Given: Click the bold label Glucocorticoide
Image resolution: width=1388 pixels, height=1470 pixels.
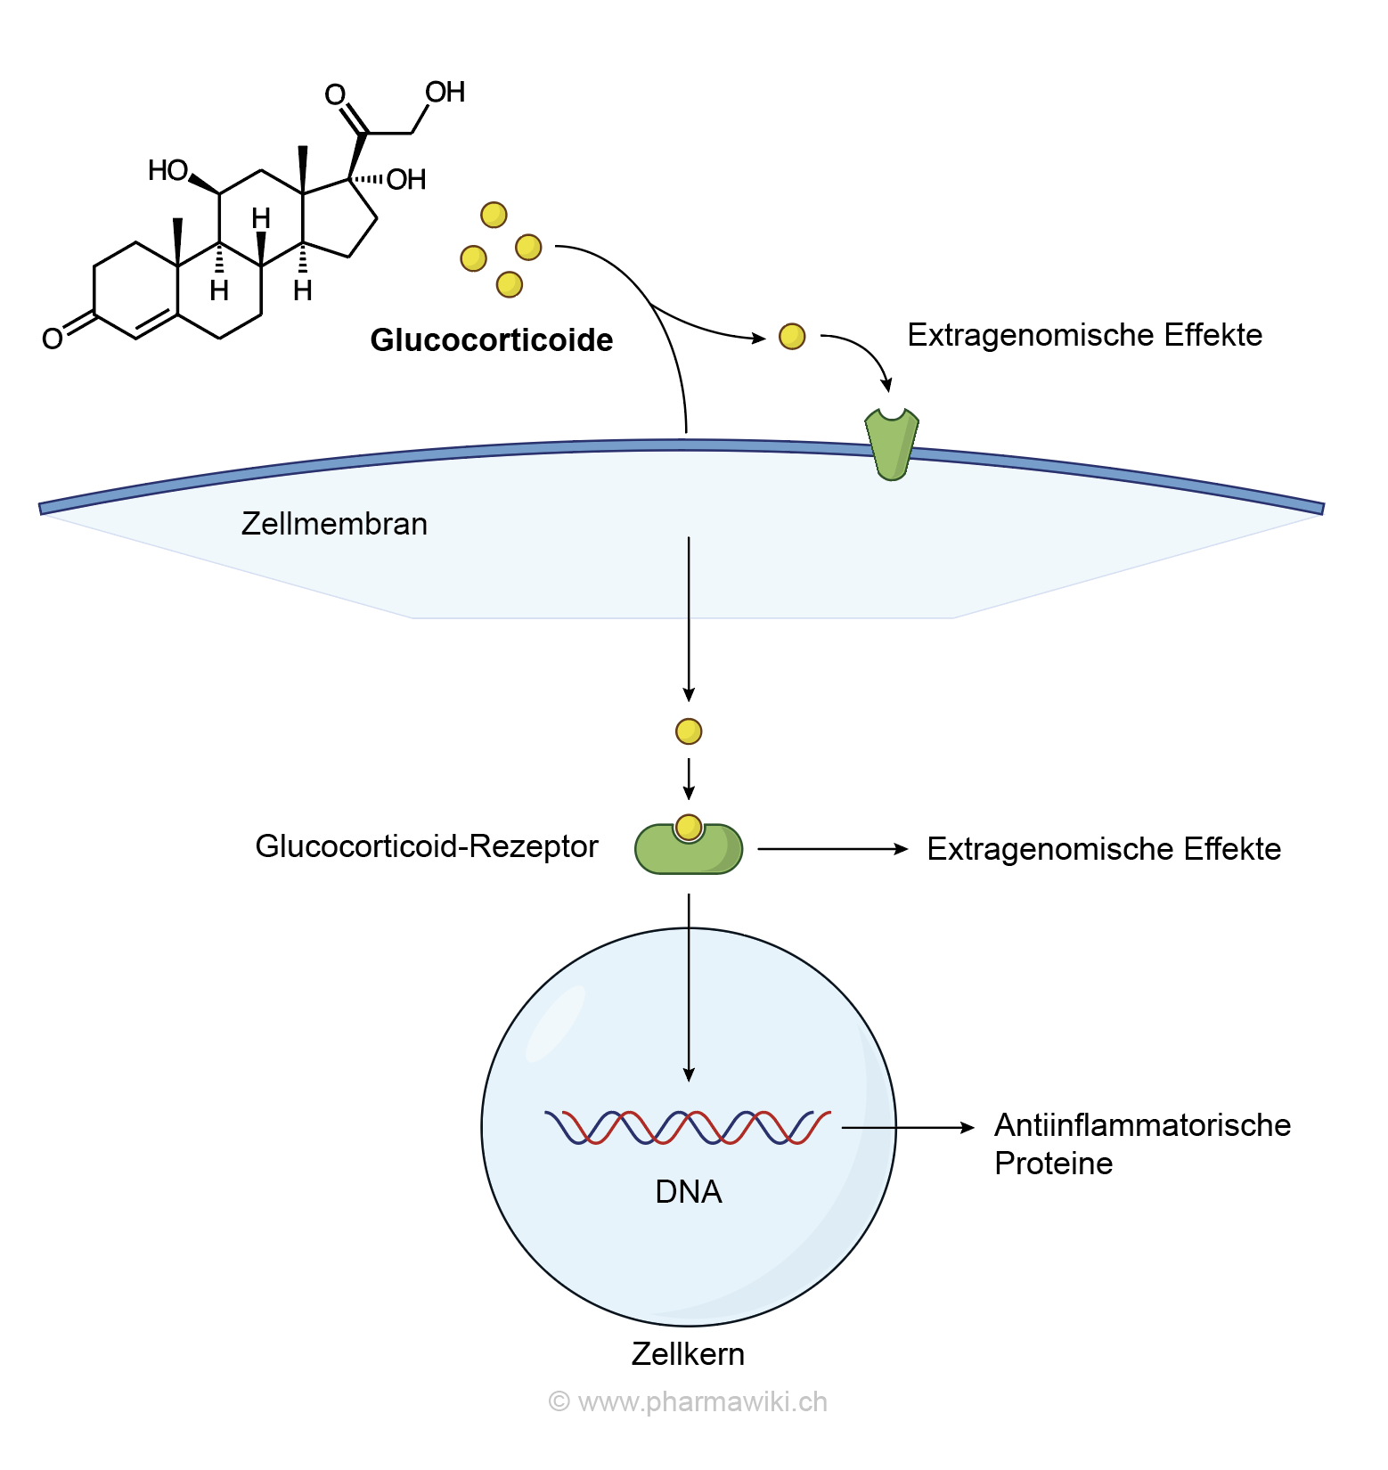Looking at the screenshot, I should coord(491,340).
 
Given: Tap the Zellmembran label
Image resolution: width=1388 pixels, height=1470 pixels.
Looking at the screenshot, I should coord(334,524).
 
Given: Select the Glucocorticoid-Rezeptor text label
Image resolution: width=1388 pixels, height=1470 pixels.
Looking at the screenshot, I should coord(426,846).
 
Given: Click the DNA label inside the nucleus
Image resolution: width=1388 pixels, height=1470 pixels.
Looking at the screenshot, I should coord(688,1192).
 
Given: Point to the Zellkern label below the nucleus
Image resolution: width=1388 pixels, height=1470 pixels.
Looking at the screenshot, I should coord(688,1354).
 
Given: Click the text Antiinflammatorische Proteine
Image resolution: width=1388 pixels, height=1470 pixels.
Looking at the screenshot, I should coord(1141,1144).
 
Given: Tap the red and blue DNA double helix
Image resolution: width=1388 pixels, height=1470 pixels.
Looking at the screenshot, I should coord(688,1128).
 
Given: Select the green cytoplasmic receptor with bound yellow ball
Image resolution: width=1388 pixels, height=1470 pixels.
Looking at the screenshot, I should coord(689,848).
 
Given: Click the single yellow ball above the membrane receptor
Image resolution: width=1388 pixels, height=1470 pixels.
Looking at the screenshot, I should coord(792,336).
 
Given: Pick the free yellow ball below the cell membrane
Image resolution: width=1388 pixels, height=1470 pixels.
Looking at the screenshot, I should coord(689,731).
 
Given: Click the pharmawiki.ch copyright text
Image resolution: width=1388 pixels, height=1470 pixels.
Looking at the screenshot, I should coord(688,1402).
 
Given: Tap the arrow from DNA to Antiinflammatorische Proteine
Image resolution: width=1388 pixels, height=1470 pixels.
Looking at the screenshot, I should coord(909,1128).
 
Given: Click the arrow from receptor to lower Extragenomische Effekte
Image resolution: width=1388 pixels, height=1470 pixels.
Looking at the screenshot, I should coord(832,849).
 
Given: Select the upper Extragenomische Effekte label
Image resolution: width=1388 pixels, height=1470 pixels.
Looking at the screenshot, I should coord(1084,335).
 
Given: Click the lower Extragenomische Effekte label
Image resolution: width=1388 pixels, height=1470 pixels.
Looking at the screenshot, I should coord(1104,849).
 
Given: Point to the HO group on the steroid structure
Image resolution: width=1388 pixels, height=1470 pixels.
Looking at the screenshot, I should coord(167,170).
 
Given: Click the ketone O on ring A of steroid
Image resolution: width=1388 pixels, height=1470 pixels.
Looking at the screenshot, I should coord(53,339).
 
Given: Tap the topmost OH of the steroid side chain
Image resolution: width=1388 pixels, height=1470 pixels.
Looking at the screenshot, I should coord(445,92).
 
